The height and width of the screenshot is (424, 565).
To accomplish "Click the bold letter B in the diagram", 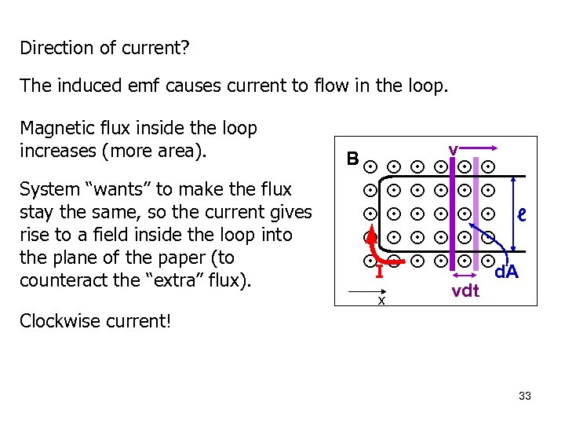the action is (x=353, y=159).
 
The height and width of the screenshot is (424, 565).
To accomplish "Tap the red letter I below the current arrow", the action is (x=378, y=273).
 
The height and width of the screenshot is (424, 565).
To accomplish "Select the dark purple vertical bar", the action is (x=452, y=212).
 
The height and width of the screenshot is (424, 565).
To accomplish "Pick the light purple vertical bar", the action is (x=476, y=212).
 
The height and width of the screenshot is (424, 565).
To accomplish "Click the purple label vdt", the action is (x=465, y=291).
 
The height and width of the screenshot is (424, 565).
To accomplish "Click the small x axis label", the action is (x=381, y=300).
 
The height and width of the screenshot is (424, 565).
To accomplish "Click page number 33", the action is (x=525, y=396).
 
